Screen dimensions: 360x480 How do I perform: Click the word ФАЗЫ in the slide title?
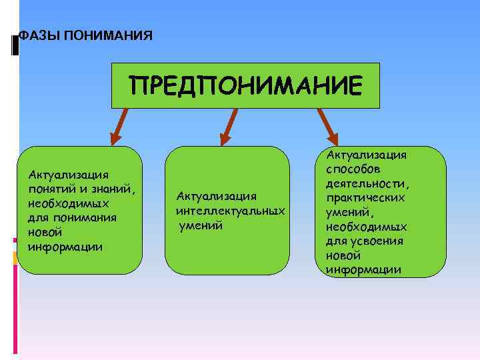(x=33, y=35)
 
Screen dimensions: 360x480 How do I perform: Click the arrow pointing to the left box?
(x=121, y=126)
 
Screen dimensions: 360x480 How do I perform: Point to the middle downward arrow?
(x=229, y=127)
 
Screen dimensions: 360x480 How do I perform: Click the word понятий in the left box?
(x=51, y=188)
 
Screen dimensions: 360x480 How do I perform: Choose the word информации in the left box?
(x=65, y=246)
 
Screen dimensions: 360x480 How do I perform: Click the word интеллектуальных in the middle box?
(x=231, y=211)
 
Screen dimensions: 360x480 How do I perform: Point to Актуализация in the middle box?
(x=216, y=196)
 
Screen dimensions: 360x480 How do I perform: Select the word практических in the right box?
(x=366, y=198)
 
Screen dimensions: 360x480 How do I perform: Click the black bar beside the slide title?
(x=15, y=44)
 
